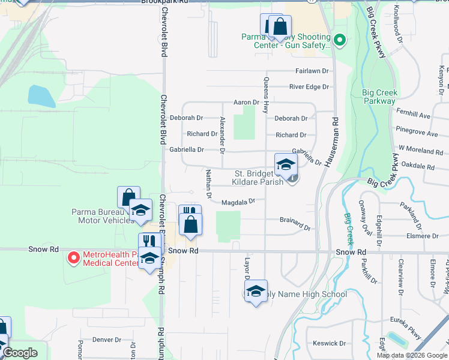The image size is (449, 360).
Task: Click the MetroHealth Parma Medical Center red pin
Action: click(x=73, y=258)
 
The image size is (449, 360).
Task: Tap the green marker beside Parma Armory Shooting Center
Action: click(x=339, y=41)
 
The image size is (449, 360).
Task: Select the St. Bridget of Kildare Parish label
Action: click(x=258, y=178)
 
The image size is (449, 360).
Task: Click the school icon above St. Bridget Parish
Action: click(x=286, y=164)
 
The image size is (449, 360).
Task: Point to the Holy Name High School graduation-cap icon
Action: click(x=256, y=291)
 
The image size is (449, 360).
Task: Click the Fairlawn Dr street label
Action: click(x=312, y=71)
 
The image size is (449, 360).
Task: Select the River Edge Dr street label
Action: click(x=309, y=87)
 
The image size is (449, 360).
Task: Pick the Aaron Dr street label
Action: click(x=246, y=103)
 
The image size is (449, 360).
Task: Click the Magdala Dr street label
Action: click(x=238, y=202)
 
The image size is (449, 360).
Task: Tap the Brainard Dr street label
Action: click(x=295, y=220)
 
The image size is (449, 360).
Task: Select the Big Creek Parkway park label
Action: click(x=379, y=97)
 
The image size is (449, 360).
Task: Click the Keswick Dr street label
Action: click(x=329, y=344)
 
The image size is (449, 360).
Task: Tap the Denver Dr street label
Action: click(x=107, y=340)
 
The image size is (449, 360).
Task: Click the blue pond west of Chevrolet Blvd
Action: click(x=41, y=96)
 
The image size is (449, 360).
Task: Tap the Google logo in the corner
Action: click(x=20, y=353)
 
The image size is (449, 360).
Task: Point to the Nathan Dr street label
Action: click(x=209, y=184)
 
